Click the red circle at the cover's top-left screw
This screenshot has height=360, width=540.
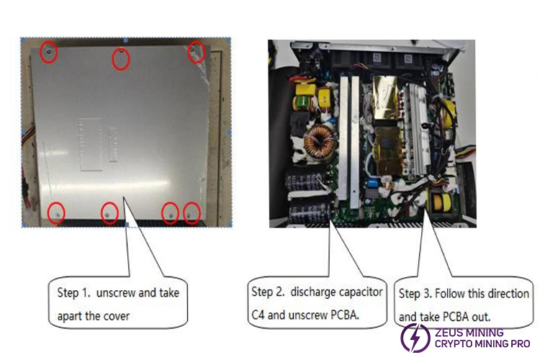click(48, 53)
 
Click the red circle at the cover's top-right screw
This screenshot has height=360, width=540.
click(196, 52)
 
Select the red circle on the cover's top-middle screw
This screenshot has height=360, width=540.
click(120, 58)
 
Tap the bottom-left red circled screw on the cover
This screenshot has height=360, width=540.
click(56, 212)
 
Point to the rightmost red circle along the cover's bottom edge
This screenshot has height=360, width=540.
click(192, 212)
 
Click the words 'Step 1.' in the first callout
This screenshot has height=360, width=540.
click(74, 293)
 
